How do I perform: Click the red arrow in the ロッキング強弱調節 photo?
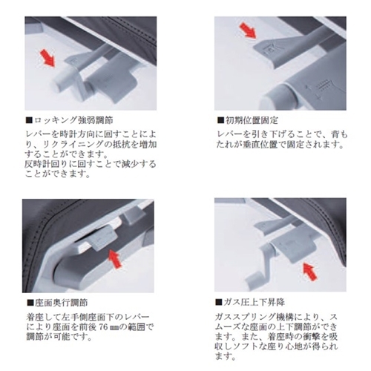(47, 58)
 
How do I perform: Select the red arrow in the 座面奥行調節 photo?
(115, 259)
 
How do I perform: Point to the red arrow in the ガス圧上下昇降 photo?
(310, 272)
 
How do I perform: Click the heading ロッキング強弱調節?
(73, 120)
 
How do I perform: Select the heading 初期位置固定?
(252, 120)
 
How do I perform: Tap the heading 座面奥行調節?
(61, 303)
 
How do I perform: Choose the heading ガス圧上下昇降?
(254, 302)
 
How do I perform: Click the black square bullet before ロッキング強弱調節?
(29, 120)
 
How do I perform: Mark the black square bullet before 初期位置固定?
(220, 120)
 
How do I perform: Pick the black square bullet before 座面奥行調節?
(30, 303)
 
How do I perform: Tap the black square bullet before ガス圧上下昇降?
(219, 302)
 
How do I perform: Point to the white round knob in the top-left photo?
(64, 79)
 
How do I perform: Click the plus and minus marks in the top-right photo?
(313, 93)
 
